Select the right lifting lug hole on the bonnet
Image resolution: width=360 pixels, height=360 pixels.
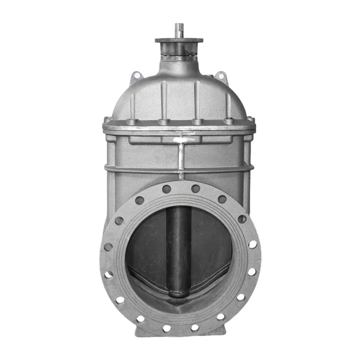pyautogui.click(x=221, y=76)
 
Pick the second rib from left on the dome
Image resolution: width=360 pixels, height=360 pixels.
pyautogui.click(x=164, y=99)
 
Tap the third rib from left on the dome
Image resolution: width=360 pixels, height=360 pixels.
pyautogui.click(x=197, y=99)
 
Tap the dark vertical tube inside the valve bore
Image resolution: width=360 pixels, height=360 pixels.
pyautogui.click(x=179, y=245)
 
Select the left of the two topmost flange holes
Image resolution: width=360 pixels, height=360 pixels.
pyautogui.click(x=166, y=189)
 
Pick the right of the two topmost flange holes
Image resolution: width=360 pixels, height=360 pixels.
pyautogui.click(x=195, y=189)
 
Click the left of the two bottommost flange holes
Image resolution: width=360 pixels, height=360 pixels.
pyautogui.click(x=167, y=328)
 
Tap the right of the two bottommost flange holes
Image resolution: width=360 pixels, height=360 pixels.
pyautogui.click(x=195, y=328)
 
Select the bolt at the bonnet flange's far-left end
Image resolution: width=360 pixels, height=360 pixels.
pyautogui.click(x=107, y=120)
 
